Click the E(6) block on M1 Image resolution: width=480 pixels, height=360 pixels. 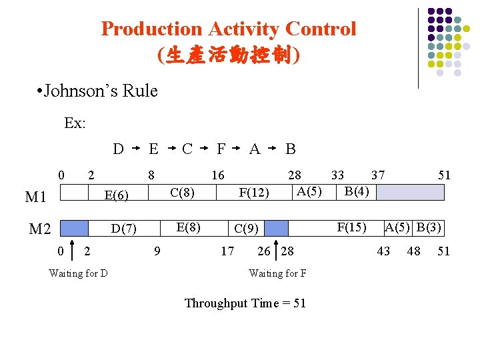tap(120, 195)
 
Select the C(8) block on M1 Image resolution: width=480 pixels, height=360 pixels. tap(182, 193)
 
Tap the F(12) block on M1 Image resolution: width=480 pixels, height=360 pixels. tap(254, 193)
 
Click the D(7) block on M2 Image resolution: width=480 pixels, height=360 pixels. tap(124, 229)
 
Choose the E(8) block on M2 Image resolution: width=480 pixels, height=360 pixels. tap(189, 227)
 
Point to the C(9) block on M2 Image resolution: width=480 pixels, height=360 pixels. tap(246, 229)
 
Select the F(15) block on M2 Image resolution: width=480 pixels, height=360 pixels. tap(351, 227)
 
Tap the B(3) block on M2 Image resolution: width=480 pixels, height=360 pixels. tap(429, 227)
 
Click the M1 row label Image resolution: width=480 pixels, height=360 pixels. tap(35, 197)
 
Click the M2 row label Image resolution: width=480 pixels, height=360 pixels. tap(40, 230)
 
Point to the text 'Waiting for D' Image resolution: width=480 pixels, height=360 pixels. tap(79, 273)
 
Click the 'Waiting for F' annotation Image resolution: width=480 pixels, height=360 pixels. tap(277, 273)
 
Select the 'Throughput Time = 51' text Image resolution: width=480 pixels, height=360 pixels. tap(245, 303)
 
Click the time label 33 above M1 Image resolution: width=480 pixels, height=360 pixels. tap(338, 175)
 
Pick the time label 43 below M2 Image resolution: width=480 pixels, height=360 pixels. tap(383, 251)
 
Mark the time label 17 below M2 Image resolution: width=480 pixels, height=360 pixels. tap(227, 251)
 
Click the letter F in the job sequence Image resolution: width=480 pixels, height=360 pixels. tap(221, 149)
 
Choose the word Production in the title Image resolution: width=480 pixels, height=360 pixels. tap(151, 29)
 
